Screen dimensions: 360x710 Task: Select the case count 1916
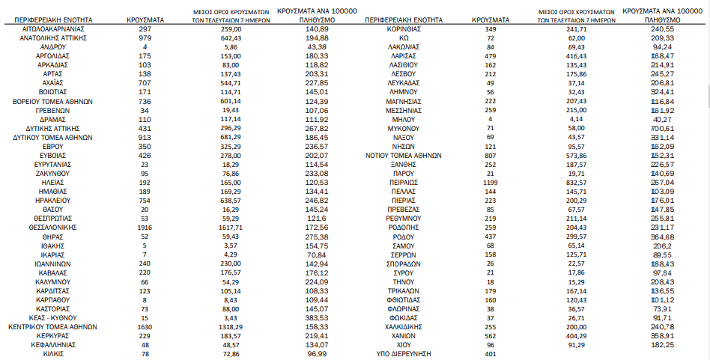pyautogui.click(x=145, y=226)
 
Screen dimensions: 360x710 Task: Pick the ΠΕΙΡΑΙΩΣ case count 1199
pyautogui.click(x=490, y=182)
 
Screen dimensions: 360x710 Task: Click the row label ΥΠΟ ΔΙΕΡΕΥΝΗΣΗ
pyautogui.click(x=404, y=354)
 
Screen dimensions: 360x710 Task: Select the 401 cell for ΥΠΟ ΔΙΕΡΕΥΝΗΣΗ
pyautogui.click(x=490, y=354)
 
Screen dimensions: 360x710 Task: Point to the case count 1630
pyautogui.click(x=145, y=327)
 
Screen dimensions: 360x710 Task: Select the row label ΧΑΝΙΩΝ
pyautogui.click(x=404, y=336)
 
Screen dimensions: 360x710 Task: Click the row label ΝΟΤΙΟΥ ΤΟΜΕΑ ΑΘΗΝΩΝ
pyautogui.click(x=404, y=156)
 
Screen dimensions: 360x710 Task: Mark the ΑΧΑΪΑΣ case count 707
pyautogui.click(x=145, y=82)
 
